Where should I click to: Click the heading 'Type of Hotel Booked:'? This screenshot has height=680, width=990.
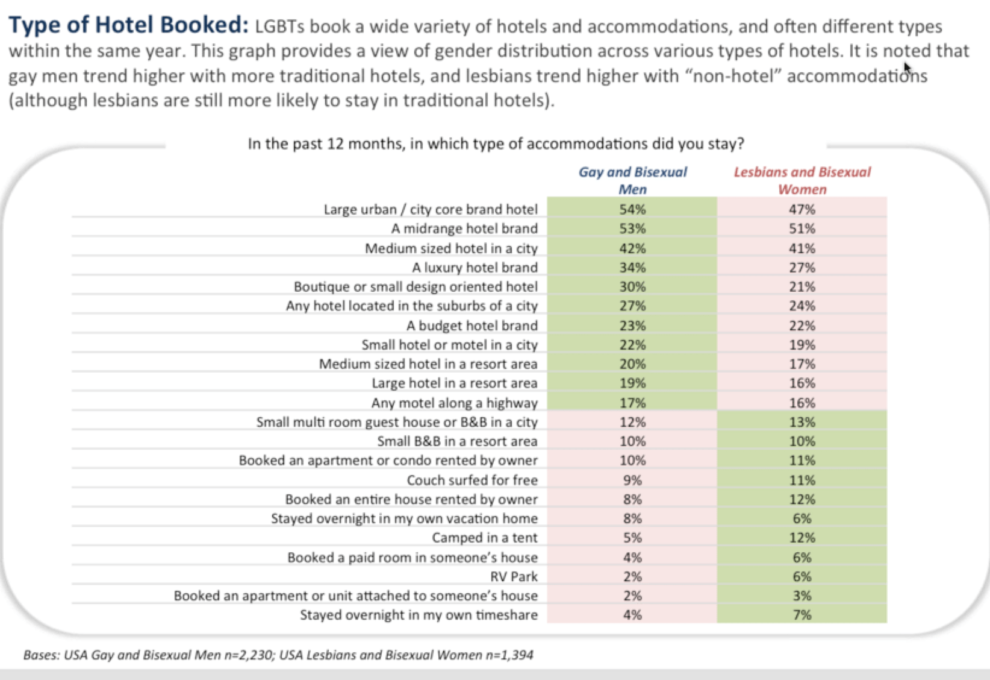click(129, 25)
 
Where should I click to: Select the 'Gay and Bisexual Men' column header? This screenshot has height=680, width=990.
click(632, 180)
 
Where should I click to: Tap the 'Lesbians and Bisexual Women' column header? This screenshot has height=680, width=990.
click(802, 180)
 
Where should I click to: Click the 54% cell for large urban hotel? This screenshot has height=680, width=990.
click(632, 209)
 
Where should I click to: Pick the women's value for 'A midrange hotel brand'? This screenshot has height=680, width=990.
click(802, 228)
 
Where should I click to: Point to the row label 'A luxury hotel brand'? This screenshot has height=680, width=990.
click(475, 268)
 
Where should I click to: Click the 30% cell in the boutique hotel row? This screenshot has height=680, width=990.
click(632, 287)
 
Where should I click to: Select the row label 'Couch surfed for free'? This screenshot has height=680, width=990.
click(472, 480)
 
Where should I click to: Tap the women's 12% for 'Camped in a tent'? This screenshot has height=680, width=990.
click(802, 538)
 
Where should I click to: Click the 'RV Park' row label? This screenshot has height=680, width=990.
click(514, 576)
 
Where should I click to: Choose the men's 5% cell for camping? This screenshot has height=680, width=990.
click(632, 538)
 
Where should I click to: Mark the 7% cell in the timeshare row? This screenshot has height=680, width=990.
click(802, 615)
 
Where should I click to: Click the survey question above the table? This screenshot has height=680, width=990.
click(496, 144)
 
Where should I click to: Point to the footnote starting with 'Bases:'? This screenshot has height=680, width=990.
click(278, 655)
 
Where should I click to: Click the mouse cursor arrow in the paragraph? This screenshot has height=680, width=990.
click(907, 69)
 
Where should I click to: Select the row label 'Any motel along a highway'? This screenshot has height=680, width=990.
click(454, 403)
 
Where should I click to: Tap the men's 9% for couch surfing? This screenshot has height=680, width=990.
click(632, 480)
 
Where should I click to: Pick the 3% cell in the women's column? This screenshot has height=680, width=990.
click(802, 596)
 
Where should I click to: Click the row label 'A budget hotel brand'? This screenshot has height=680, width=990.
click(472, 326)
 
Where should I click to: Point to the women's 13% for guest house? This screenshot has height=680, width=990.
click(802, 422)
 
